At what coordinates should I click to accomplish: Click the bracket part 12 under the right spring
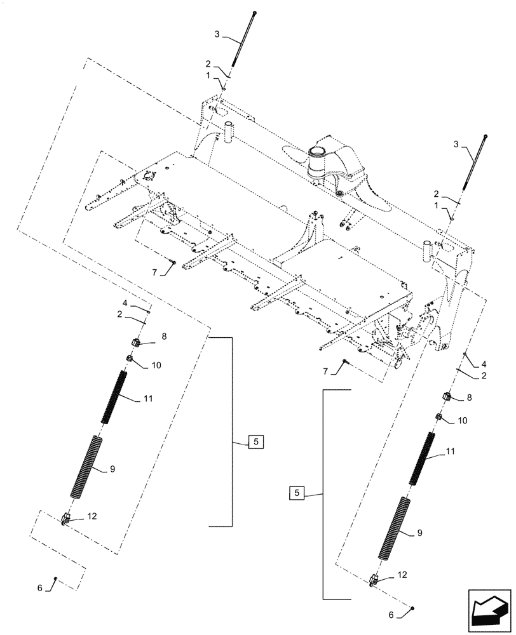click(375, 579)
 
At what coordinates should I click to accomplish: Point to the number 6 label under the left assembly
click(39, 588)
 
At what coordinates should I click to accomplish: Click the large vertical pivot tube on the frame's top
click(316, 164)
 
